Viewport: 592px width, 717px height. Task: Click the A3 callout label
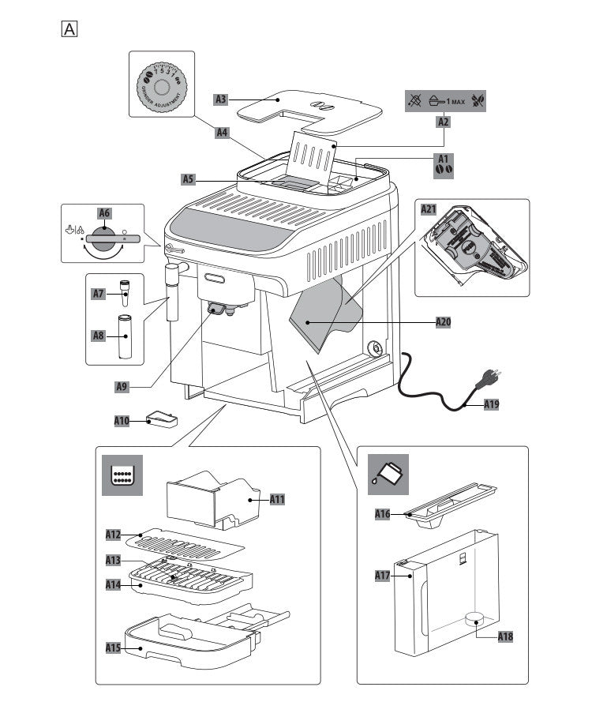coord(222,99)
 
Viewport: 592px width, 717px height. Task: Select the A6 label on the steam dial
coord(104,212)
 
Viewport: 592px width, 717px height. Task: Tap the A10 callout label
coord(121,421)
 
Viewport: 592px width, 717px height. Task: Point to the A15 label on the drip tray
coord(114,648)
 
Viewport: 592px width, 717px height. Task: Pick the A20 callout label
coord(444,322)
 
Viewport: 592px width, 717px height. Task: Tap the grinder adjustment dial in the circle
coord(160,86)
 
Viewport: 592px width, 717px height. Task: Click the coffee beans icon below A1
coord(445,170)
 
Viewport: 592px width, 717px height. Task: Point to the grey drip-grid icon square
coord(123,475)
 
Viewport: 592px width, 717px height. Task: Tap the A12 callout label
coord(114,535)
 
